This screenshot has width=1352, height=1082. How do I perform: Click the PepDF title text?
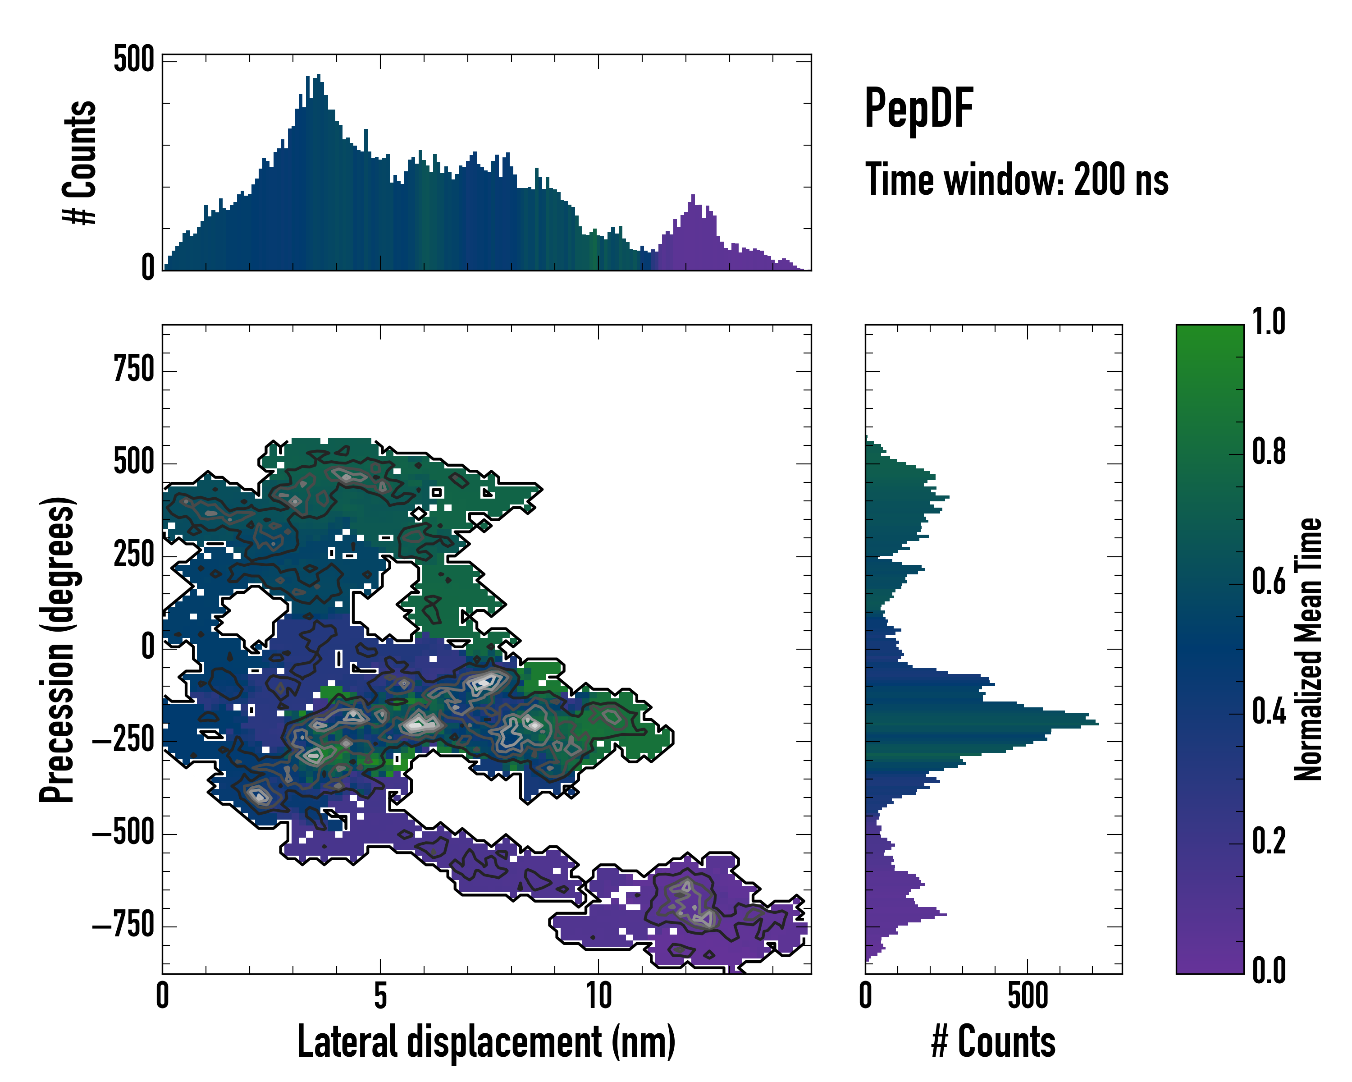coord(918,109)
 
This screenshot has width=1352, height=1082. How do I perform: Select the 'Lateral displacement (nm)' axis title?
coord(486,1042)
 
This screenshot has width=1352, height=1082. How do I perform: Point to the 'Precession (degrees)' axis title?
coord(58,649)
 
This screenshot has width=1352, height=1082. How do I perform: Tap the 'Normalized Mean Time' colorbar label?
coord(1308,649)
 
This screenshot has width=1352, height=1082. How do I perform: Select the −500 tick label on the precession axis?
coord(123,834)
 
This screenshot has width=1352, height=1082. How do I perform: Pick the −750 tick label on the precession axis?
coord(123,926)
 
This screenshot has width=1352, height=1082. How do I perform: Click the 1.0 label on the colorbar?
coord(1269,322)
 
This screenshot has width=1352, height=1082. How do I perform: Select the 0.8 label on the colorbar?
coord(1269,452)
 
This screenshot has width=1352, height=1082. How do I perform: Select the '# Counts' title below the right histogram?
coord(993,1042)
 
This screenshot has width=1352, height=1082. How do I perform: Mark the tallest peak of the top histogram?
coord(319,75)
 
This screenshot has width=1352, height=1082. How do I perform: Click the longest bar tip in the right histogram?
coord(1097,724)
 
